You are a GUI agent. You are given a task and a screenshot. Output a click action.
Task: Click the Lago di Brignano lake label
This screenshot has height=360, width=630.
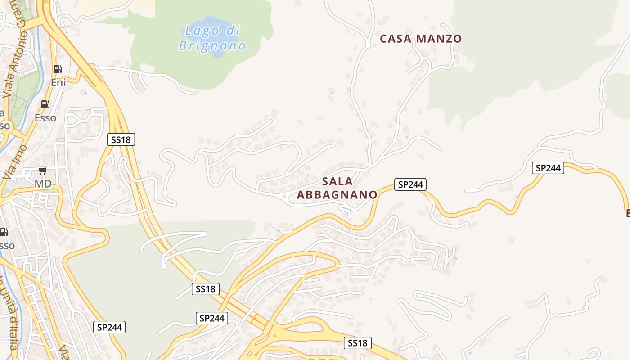(x=212, y=38)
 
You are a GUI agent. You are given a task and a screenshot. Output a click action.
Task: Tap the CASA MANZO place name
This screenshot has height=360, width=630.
(x=421, y=39)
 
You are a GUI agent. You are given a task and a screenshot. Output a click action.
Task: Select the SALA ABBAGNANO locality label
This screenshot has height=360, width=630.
(x=337, y=188)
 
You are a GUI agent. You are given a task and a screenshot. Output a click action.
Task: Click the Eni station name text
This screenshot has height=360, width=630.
(x=58, y=82)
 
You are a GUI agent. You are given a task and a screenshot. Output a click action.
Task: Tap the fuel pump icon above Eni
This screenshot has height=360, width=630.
(x=58, y=69)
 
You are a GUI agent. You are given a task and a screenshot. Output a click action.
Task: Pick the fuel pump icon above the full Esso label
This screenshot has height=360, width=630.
(x=45, y=104)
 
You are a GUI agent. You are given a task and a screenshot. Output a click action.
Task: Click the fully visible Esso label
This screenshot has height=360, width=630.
(x=45, y=118)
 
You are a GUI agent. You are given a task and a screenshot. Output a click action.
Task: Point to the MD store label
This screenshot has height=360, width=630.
(x=43, y=184)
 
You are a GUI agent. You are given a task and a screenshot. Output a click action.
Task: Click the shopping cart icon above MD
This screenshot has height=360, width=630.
(x=42, y=171)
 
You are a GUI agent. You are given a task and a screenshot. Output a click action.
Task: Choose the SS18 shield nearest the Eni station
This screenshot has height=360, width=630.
(x=121, y=139)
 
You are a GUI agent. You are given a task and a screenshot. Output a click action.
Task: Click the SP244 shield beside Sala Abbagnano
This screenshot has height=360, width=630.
(x=410, y=184)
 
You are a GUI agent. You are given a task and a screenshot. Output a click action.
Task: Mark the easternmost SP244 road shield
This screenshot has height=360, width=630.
(x=548, y=168)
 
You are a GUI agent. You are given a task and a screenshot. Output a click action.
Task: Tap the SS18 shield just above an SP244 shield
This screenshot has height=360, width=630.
(x=206, y=289)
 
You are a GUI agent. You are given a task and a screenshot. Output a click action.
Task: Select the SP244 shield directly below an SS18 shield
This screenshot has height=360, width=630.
(x=212, y=318)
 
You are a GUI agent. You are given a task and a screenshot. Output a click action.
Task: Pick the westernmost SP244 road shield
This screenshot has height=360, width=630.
(x=109, y=327)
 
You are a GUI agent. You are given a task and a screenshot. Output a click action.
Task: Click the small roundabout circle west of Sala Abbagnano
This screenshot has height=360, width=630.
(x=284, y=196)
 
